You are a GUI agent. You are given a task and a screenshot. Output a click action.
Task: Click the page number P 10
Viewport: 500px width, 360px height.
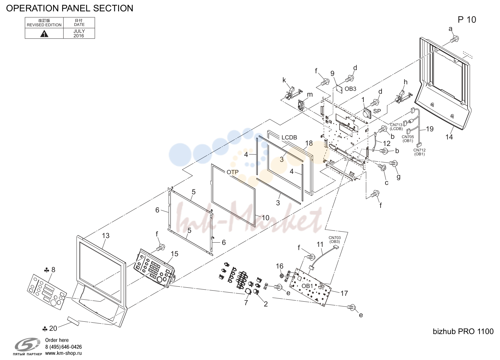pyautogui.click(x=467, y=20)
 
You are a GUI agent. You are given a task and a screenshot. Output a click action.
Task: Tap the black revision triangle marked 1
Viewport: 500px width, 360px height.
pyautogui.click(x=44, y=34)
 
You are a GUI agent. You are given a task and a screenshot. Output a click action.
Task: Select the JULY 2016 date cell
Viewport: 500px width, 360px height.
pyautogui.click(x=79, y=33)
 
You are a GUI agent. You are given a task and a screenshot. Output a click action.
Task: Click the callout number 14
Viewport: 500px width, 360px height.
pyautogui.click(x=449, y=137)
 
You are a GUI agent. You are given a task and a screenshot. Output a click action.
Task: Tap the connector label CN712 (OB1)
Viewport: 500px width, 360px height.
pyautogui.click(x=420, y=152)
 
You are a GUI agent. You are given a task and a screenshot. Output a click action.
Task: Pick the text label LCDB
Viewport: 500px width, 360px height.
pyautogui.click(x=289, y=138)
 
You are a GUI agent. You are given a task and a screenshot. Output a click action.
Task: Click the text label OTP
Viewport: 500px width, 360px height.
pyautogui.click(x=233, y=172)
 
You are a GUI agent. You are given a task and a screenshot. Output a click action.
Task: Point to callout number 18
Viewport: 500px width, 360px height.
pyautogui.click(x=309, y=143)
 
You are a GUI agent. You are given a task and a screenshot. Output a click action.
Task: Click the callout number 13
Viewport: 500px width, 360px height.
pyautogui.click(x=106, y=236)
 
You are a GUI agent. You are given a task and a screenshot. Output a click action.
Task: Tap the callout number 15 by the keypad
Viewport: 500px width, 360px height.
pyautogui.click(x=175, y=254)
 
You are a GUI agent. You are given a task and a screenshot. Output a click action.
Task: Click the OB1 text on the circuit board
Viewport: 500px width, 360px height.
pyautogui.click(x=307, y=286)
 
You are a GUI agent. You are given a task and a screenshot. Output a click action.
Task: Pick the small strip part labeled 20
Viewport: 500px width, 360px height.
pyautogui.click(x=73, y=321)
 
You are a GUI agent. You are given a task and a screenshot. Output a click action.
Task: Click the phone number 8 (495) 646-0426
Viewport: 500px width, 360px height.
pyautogui.click(x=63, y=347)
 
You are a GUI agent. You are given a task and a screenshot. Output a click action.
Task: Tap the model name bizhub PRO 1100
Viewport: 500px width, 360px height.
pyautogui.click(x=463, y=331)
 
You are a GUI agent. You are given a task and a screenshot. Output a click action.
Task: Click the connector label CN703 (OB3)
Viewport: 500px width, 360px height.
pyautogui.click(x=335, y=240)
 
